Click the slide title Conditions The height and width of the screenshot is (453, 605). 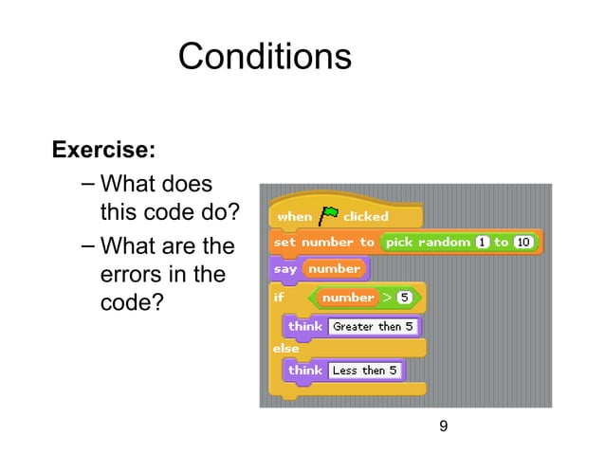tap(265, 57)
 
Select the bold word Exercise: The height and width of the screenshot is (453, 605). tap(103, 150)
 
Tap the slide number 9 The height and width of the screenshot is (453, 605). tap(443, 427)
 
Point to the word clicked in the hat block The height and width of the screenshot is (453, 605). tap(366, 216)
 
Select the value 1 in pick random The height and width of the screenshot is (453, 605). tap(483, 243)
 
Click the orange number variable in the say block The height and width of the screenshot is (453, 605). tap(334, 269)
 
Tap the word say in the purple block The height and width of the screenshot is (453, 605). tap(285, 269)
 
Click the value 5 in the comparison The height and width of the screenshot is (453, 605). tap(403, 298)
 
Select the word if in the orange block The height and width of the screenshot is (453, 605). tap(279, 298)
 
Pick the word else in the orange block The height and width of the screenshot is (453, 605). tap(286, 348)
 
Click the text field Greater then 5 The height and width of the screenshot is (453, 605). tap(372, 326)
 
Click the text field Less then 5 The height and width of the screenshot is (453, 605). tap(365, 371)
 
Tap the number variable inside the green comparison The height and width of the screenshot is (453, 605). tap(348, 298)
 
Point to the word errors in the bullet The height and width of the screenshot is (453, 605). tap(131, 276)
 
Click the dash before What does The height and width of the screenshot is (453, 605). tap(87, 182)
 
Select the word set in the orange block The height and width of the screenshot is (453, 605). tap(284, 243)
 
